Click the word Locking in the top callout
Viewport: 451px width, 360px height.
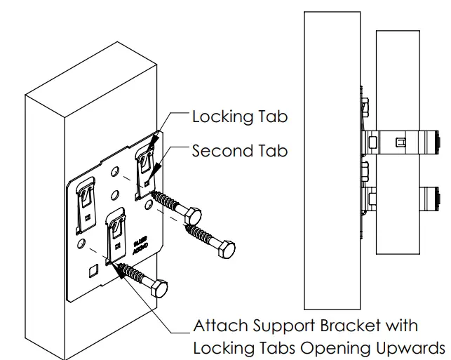pos(220,116)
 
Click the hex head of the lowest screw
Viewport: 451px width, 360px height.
pos(159,288)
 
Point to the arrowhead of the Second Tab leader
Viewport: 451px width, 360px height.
pos(149,175)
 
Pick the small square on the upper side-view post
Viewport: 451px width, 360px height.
pos(400,143)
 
